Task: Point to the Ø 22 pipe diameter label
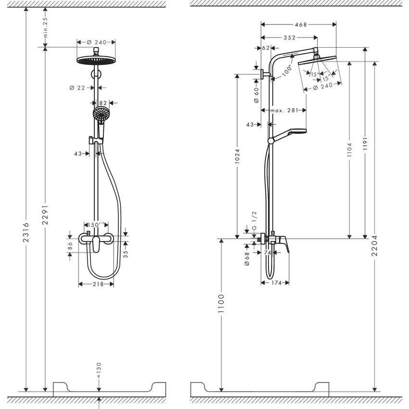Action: coord(77,88)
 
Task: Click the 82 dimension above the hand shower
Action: coord(102,102)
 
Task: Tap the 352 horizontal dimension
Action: coord(289,38)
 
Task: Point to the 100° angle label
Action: coord(287,71)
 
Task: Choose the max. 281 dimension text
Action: coord(283,111)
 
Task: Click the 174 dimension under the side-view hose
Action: coord(275,283)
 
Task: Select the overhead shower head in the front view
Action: coord(96,60)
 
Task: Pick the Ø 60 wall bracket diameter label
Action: coord(256,94)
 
